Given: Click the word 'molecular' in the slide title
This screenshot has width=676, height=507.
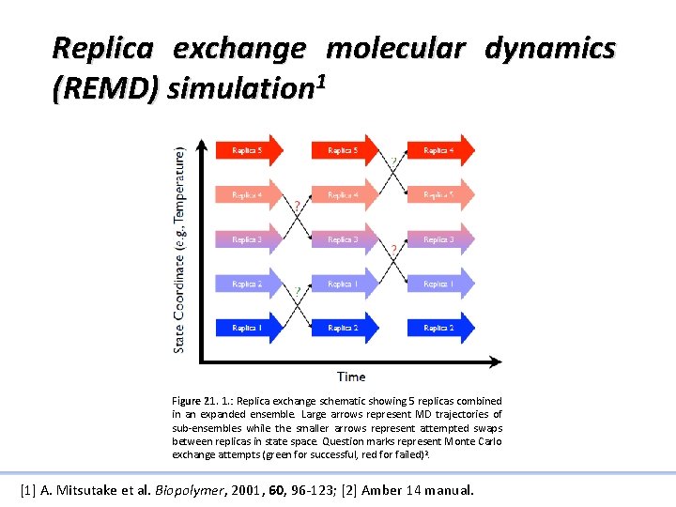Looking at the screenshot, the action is [x=394, y=48].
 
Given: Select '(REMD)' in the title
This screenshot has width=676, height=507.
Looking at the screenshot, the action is [x=106, y=89].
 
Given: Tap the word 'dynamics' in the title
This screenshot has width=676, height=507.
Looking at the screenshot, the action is [x=549, y=48].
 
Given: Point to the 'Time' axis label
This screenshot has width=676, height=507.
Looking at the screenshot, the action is [x=350, y=376].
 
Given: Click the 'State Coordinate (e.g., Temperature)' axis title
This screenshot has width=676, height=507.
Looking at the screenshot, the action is [x=179, y=249].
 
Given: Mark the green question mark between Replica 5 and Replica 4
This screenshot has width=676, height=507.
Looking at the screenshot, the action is [x=393, y=161].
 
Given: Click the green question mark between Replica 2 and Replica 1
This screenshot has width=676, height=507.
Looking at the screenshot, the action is [x=298, y=292].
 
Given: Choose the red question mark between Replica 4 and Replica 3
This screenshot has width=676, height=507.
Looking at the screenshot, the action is [x=298, y=205].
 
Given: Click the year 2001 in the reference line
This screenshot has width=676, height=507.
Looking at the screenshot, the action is [x=254, y=490].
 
